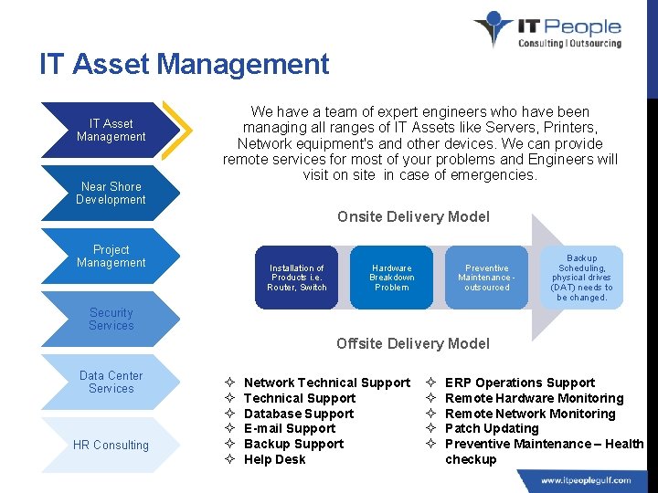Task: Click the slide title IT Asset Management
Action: coord(184,65)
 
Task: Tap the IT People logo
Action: coord(547,30)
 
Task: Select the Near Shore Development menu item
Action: coord(111,193)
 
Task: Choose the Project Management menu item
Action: coord(111,256)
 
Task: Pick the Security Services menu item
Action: coord(111,319)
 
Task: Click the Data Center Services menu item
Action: coord(111,382)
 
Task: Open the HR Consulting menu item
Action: coord(111,445)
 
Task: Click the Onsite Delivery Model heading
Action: coord(413,216)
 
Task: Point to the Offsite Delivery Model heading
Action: coord(413,343)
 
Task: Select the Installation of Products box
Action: coord(297,278)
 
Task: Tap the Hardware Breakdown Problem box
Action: coord(392,278)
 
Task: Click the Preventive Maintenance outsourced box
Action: coord(487,278)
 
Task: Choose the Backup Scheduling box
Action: coord(582,278)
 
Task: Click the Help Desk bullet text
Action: coord(274,459)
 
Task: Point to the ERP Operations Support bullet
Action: coord(519,383)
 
